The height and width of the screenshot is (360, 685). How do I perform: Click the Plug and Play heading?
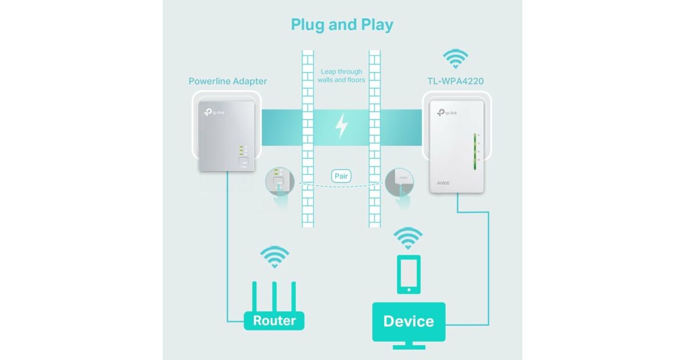[x=342, y=25]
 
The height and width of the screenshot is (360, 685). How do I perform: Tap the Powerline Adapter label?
[x=228, y=81]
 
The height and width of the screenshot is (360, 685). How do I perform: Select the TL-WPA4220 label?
[x=455, y=81]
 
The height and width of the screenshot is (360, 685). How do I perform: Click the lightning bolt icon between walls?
[x=341, y=125]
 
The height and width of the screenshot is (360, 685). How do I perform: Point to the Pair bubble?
[x=341, y=176]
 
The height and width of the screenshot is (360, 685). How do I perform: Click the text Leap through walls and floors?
[x=341, y=75]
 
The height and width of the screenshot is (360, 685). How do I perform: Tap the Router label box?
[x=274, y=320]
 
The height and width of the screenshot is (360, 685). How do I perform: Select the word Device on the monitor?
[x=408, y=321]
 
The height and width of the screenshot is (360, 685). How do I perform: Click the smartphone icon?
[x=408, y=274]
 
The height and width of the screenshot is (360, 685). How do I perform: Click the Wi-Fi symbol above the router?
[x=274, y=257]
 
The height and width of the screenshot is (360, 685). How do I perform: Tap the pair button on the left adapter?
[x=244, y=162]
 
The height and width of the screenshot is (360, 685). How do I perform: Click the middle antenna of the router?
[x=275, y=295]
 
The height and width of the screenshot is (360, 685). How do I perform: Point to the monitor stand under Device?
[x=408, y=345]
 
